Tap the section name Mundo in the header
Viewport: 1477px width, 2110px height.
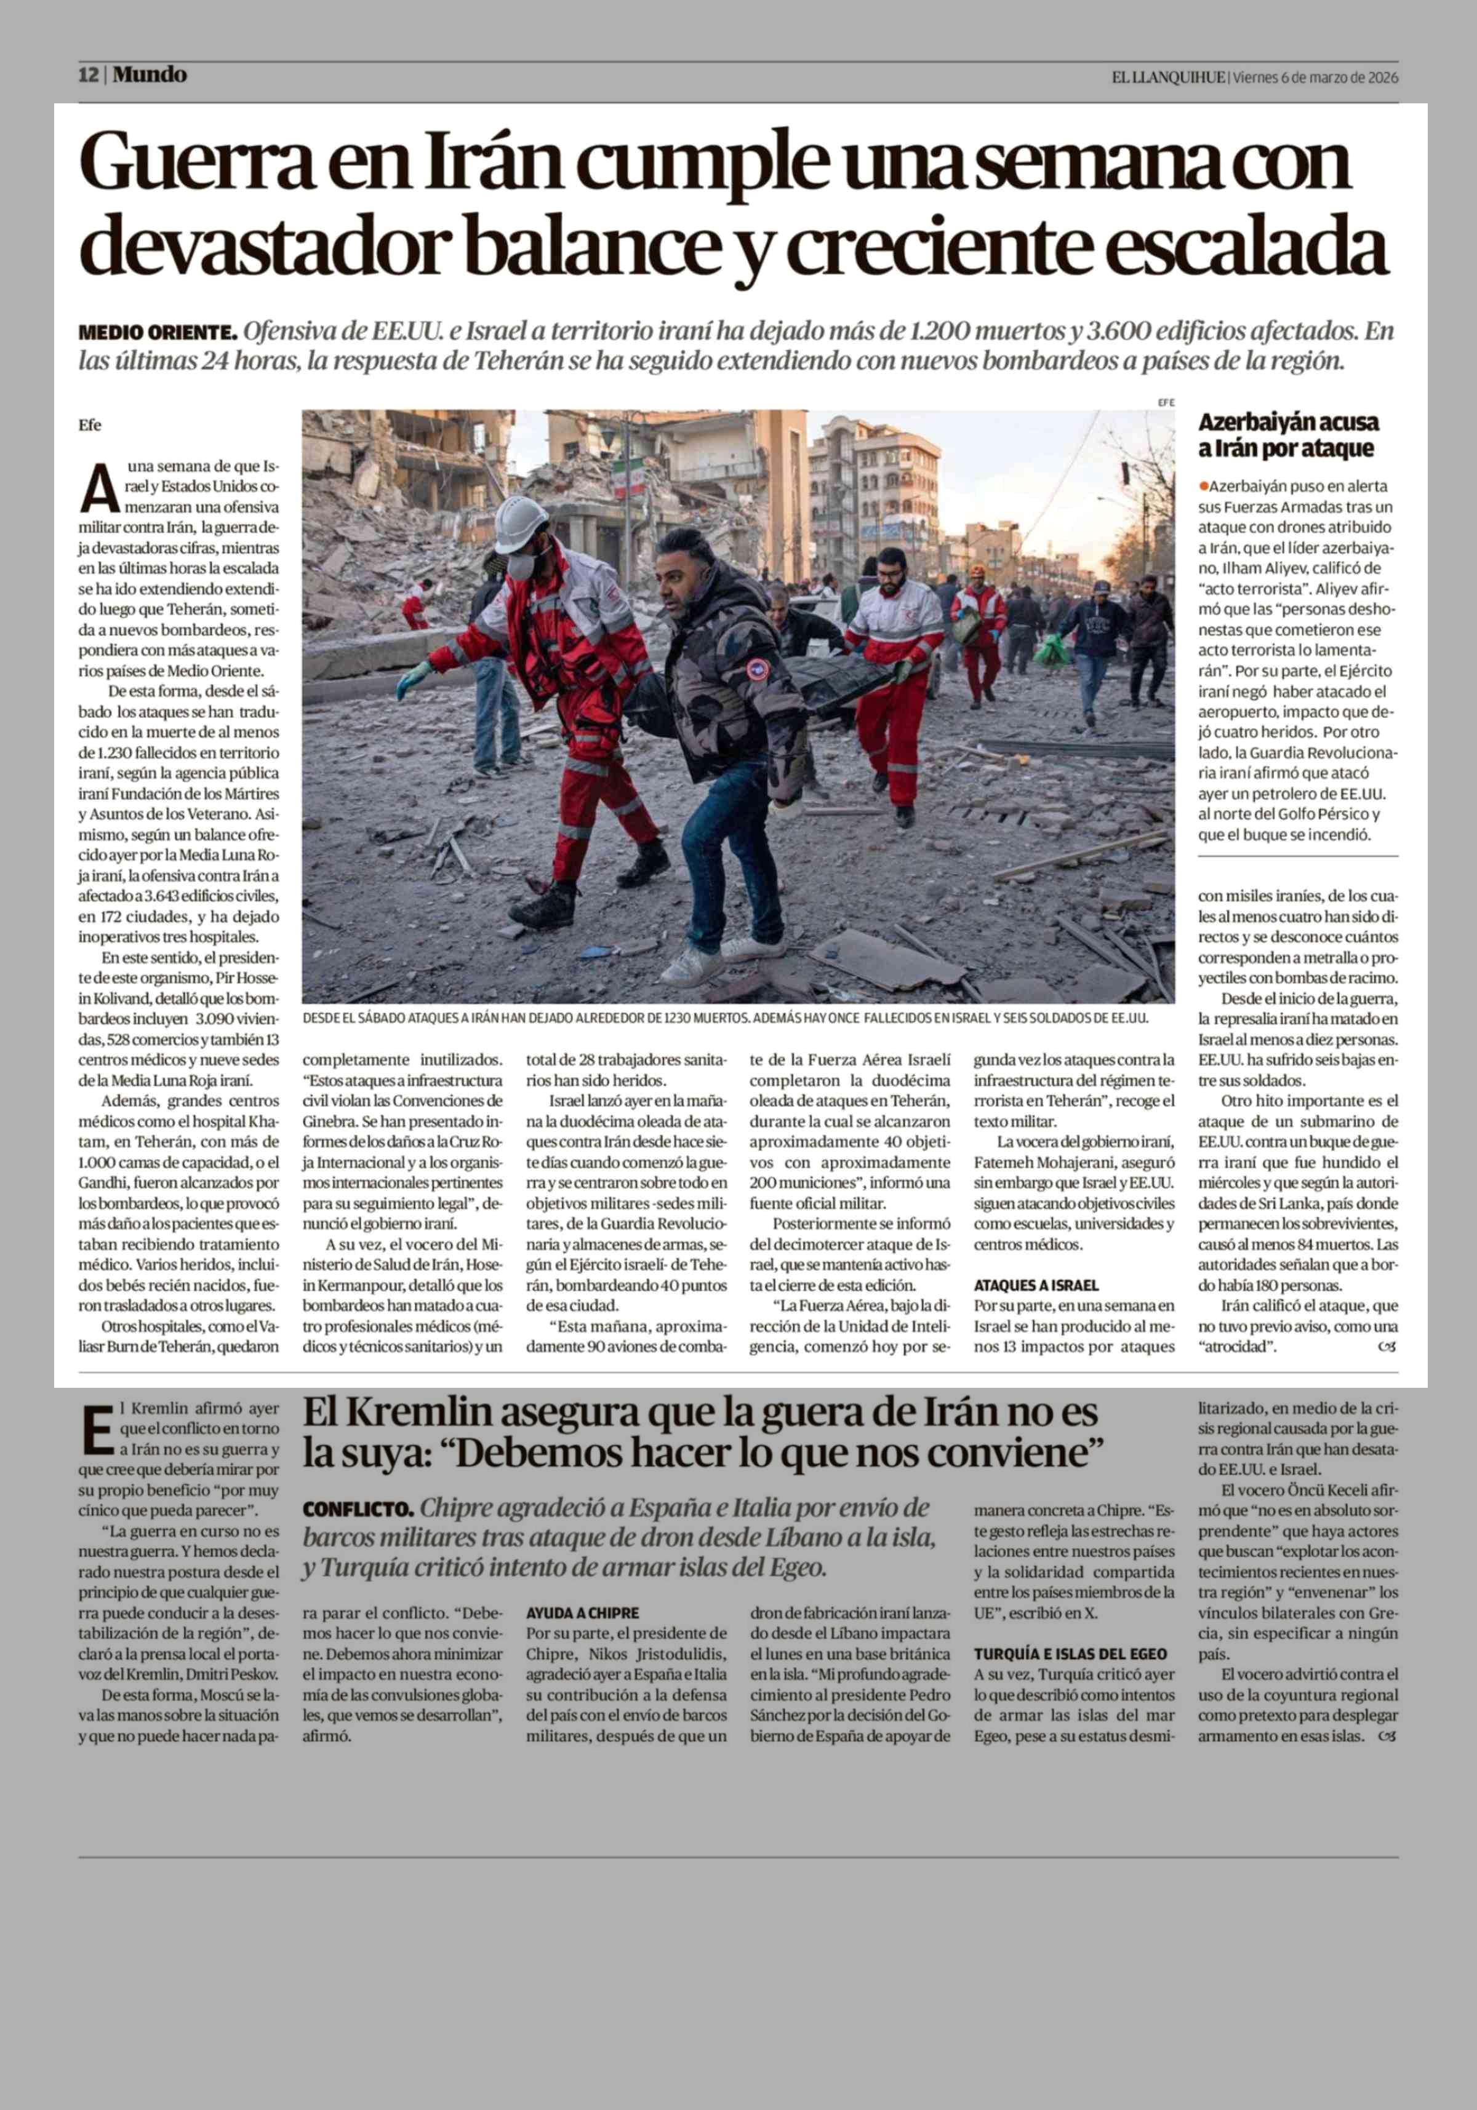[x=151, y=75]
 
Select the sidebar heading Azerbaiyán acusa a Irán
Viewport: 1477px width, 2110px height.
[x=1287, y=435]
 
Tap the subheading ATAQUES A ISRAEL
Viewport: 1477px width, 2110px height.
[x=1036, y=1284]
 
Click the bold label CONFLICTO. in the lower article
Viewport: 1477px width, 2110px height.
[x=358, y=1509]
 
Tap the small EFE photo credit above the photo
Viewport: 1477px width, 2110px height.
[x=1166, y=402]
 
